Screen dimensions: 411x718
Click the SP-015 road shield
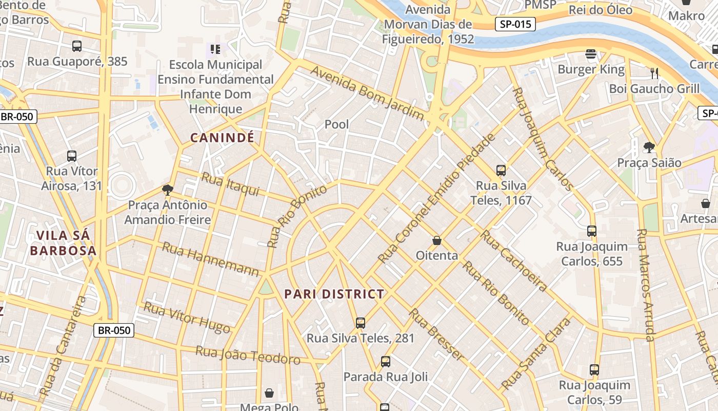click(515, 24)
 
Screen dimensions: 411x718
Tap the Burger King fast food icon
click(591, 54)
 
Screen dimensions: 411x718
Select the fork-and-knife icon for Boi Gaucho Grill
click(654, 73)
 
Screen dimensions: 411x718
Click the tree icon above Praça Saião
click(649, 147)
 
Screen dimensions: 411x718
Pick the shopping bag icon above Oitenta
click(437, 240)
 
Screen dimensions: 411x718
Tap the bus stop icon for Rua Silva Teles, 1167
click(501, 170)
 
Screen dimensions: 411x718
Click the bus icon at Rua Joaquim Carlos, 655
click(592, 231)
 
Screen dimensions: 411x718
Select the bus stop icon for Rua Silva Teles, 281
click(361, 323)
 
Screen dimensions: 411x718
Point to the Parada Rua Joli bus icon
click(385, 362)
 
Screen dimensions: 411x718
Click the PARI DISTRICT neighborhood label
click(334, 294)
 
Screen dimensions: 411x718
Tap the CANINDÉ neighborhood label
click(222, 138)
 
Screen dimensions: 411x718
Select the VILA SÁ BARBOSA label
click(63, 243)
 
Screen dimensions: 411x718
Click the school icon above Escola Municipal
click(215, 49)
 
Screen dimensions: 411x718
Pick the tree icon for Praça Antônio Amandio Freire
click(167, 190)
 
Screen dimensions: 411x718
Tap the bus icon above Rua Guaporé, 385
click(77, 46)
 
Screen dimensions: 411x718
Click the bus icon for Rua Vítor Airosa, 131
click(72, 156)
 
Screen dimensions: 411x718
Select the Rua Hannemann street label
click(211, 259)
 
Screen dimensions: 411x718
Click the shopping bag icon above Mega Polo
click(269, 394)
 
